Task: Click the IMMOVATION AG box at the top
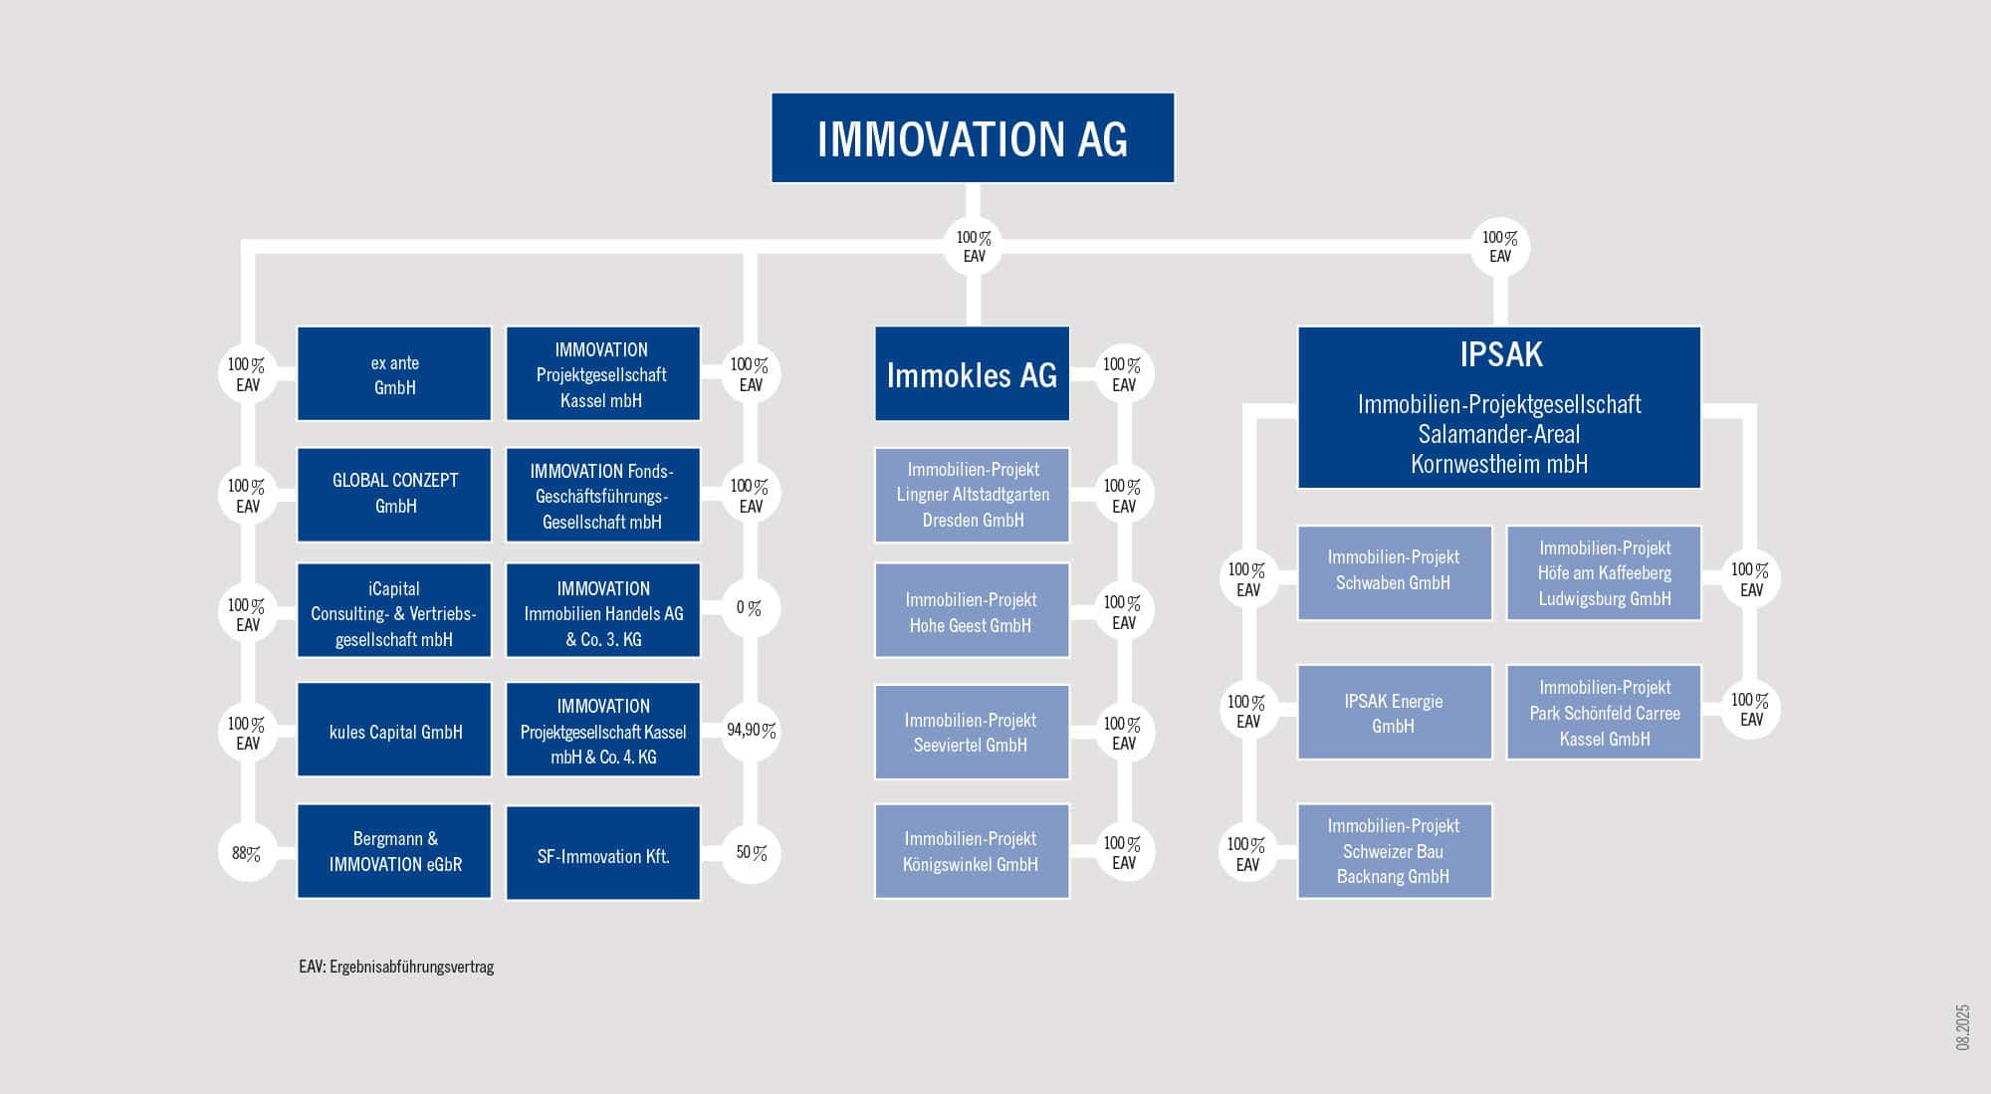coord(973,138)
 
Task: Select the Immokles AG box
coord(972,373)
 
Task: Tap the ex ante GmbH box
coord(394,373)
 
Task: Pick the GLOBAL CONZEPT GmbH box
coord(394,495)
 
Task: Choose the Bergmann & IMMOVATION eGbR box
coord(394,851)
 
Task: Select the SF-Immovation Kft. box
coord(603,853)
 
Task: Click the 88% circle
coord(247,853)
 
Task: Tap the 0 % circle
coord(750,608)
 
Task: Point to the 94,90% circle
coord(751,731)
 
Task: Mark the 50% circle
coord(752,853)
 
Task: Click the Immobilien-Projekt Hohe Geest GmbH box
coord(972,611)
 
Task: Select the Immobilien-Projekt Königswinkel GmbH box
coord(972,851)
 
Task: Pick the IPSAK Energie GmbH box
coord(1394,713)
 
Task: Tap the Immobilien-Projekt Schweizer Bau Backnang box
coord(1394,851)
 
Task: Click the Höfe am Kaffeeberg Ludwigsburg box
coord(1604,573)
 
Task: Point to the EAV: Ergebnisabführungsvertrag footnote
coord(396,967)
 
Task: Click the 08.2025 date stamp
coord(1962,1027)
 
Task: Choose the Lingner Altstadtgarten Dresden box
coord(972,495)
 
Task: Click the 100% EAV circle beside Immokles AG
coord(1123,374)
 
